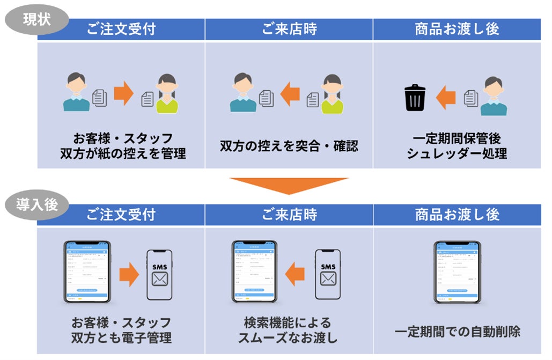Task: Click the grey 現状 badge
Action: point(37,20)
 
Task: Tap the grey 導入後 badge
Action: point(37,205)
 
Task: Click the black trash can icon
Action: point(414,98)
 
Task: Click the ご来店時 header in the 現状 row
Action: point(289,30)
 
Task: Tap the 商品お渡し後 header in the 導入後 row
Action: point(457,215)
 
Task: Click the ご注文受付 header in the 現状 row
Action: point(121,30)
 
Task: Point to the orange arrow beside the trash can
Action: point(445,98)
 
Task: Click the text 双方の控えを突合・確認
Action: point(289,146)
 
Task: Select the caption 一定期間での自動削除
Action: point(457,332)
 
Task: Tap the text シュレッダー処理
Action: point(457,153)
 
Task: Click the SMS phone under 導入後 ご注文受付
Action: point(159,274)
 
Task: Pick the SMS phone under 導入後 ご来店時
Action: point(328,274)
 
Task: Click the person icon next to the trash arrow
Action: point(494,97)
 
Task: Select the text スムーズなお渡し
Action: point(289,338)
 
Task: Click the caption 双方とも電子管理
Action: point(121,338)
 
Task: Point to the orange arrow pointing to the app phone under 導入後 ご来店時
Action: point(295,275)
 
